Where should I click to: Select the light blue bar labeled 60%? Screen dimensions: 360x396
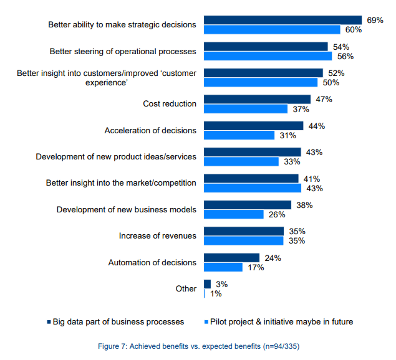pyautogui.click(x=272, y=29)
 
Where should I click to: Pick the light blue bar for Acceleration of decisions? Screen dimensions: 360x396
pyautogui.click(x=239, y=135)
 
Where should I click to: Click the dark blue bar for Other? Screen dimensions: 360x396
pyautogui.click(x=207, y=284)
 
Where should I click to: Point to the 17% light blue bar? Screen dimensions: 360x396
pyautogui.click(x=223, y=267)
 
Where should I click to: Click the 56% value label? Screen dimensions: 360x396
pyautogui.click(x=345, y=56)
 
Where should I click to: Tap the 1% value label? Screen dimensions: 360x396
pyautogui.click(x=216, y=293)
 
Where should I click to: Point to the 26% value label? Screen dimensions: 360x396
pyautogui.click(x=277, y=214)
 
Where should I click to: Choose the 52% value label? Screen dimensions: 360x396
pyautogui.click(x=336, y=73)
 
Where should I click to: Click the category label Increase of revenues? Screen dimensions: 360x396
pyautogui.click(x=157, y=236)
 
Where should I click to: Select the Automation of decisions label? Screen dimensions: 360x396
pyautogui.click(x=152, y=262)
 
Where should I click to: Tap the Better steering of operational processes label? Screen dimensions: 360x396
pyautogui.click(x=123, y=51)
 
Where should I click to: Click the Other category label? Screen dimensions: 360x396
pyautogui.click(x=186, y=288)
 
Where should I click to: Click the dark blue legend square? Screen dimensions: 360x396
pyautogui.click(x=49, y=322)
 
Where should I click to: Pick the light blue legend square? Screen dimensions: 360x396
pyautogui.click(x=206, y=322)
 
